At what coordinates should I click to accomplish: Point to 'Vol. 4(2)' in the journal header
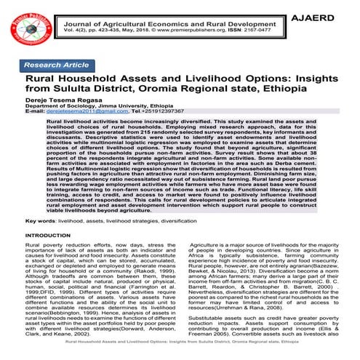tap(74, 32)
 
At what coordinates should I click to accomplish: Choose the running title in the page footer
tap(180, 353)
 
